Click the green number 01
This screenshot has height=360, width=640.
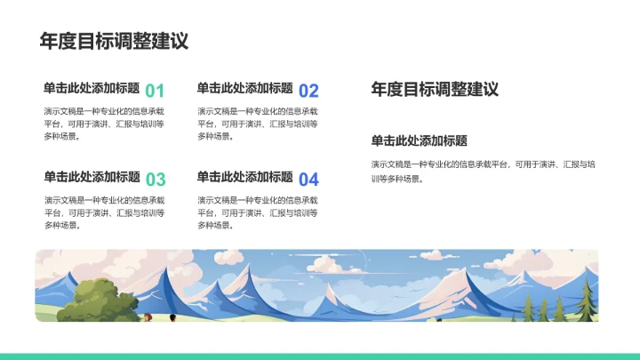[155, 90]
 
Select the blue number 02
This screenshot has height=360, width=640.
[308, 90]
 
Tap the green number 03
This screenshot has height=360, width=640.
[155, 179]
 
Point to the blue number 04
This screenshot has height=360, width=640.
[308, 179]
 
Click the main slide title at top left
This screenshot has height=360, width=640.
[114, 41]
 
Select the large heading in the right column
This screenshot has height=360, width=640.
[435, 89]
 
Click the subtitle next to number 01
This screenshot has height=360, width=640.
[92, 88]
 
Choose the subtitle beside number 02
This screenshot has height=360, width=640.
[245, 88]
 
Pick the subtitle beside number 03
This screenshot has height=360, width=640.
[92, 177]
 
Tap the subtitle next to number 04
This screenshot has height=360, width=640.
[245, 177]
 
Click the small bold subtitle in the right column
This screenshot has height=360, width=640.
[420, 140]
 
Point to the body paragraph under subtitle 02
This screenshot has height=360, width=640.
[258, 124]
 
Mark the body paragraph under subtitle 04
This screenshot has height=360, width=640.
[258, 212]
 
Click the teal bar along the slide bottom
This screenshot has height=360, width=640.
[320, 356]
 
